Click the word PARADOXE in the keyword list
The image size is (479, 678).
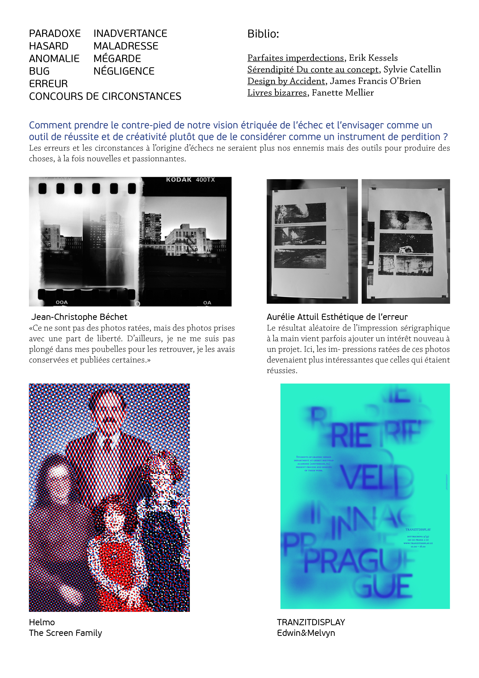pyautogui.click(x=55, y=34)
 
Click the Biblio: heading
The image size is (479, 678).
pyautogui.click(x=263, y=34)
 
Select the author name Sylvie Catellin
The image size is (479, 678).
pyautogui.click(x=412, y=69)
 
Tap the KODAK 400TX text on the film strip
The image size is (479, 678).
pyautogui.click(x=190, y=180)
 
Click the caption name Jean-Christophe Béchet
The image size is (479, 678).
pyautogui.click(x=79, y=317)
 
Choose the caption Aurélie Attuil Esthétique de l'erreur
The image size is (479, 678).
pyautogui.click(x=337, y=317)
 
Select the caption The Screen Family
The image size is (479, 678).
pyautogui.click(x=65, y=633)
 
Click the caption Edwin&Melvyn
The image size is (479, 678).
pyautogui.click(x=306, y=633)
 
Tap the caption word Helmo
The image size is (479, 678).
pyautogui.click(x=42, y=622)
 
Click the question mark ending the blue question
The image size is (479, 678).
pyautogui.click(x=445, y=137)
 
